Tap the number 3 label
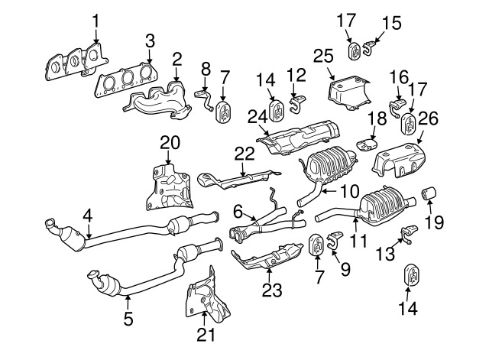point(150,40)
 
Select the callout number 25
point(323,55)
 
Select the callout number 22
point(244,154)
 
